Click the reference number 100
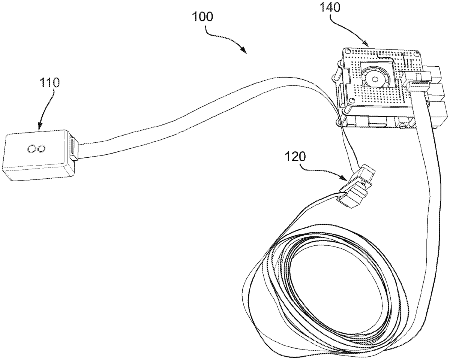pyautogui.click(x=203, y=17)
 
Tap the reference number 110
pyautogui.click(x=49, y=82)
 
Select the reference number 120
pyautogui.click(x=295, y=157)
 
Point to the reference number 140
pyautogui.click(x=330, y=7)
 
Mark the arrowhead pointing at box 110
pyautogui.click(x=40, y=126)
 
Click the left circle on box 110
pyautogui.click(x=31, y=149)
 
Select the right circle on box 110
pyautogui.click(x=41, y=149)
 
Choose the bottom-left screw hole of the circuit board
pyautogui.click(x=352, y=100)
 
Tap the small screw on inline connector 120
pyautogui.click(x=364, y=183)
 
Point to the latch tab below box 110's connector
pyautogui.click(x=73, y=158)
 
